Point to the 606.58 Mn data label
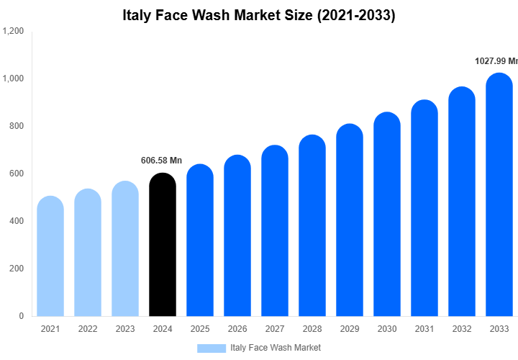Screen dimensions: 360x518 coord(161,160)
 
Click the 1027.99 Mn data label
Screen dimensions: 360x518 coord(496,61)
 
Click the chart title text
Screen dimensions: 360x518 coord(259,15)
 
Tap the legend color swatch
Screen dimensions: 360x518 coord(212,348)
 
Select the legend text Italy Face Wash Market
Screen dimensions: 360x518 coord(276,348)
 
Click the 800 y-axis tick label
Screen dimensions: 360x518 coord(17,126)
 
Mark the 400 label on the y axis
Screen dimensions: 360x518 coord(17,221)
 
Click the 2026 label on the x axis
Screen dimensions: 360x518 coord(237,329)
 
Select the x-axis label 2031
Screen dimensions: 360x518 coord(424,329)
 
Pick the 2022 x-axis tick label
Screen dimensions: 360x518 coord(88,329)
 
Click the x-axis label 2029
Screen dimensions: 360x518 coord(350,329)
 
